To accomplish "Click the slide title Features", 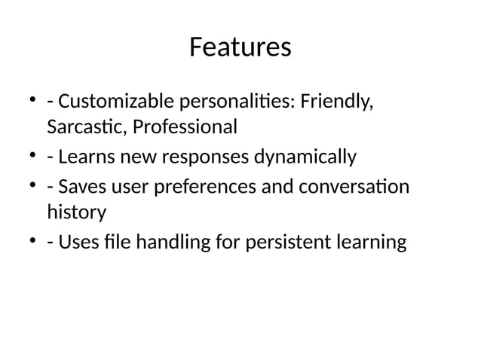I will point(240,47).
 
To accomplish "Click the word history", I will point(76,212).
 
